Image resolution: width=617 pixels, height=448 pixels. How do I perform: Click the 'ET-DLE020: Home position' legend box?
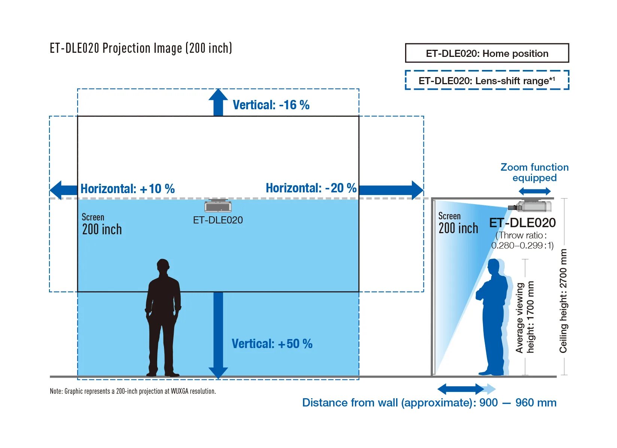tap(487, 53)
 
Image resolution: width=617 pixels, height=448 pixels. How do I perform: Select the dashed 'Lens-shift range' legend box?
tap(487, 80)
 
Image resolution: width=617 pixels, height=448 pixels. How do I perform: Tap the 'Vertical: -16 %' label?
tap(271, 105)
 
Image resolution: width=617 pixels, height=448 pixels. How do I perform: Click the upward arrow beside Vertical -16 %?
tap(218, 102)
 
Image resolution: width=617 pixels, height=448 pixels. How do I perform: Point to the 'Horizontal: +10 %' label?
tap(127, 189)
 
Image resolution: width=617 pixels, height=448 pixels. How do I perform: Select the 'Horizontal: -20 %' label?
tap(311, 188)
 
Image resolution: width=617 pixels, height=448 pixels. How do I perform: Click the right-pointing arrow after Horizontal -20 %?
tap(391, 190)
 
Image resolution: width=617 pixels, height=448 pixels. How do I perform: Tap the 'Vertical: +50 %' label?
tap(272, 344)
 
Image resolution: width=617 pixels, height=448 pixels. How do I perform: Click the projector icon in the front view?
tap(218, 205)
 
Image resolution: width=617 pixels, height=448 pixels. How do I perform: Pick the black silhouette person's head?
tap(163, 267)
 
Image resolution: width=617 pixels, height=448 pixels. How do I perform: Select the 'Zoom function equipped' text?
tap(534, 172)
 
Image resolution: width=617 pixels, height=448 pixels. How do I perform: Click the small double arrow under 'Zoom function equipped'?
tap(534, 192)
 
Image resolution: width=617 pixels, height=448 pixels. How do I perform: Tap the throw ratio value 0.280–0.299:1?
tap(522, 246)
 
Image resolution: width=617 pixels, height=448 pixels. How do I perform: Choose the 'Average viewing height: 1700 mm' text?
tap(525, 317)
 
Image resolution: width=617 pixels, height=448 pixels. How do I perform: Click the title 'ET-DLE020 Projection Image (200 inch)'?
tap(141, 48)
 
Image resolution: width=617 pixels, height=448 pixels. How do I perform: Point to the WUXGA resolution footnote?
tap(133, 391)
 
